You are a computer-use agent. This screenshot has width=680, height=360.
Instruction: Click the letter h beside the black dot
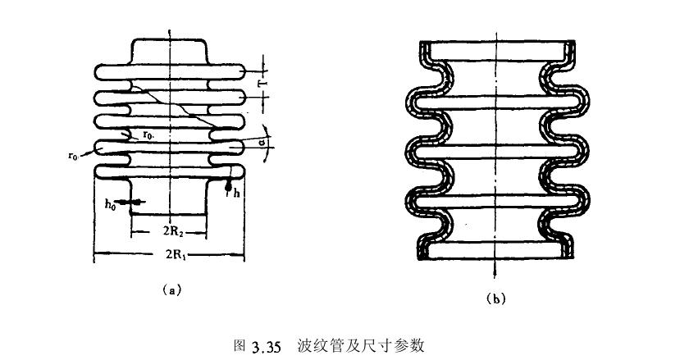click(x=236, y=193)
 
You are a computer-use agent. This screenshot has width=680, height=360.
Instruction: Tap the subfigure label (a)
click(x=171, y=289)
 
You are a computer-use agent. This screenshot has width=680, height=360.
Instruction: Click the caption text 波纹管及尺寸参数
click(x=361, y=344)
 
